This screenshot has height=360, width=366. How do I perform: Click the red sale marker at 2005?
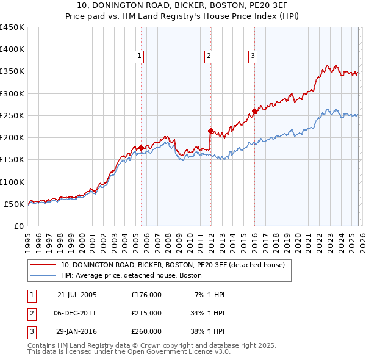coord(141,148)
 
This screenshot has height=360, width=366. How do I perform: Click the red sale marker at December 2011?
coord(210,131)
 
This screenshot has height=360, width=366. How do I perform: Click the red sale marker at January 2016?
coord(254,111)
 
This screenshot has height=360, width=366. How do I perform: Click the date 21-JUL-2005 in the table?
coord(77,295)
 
